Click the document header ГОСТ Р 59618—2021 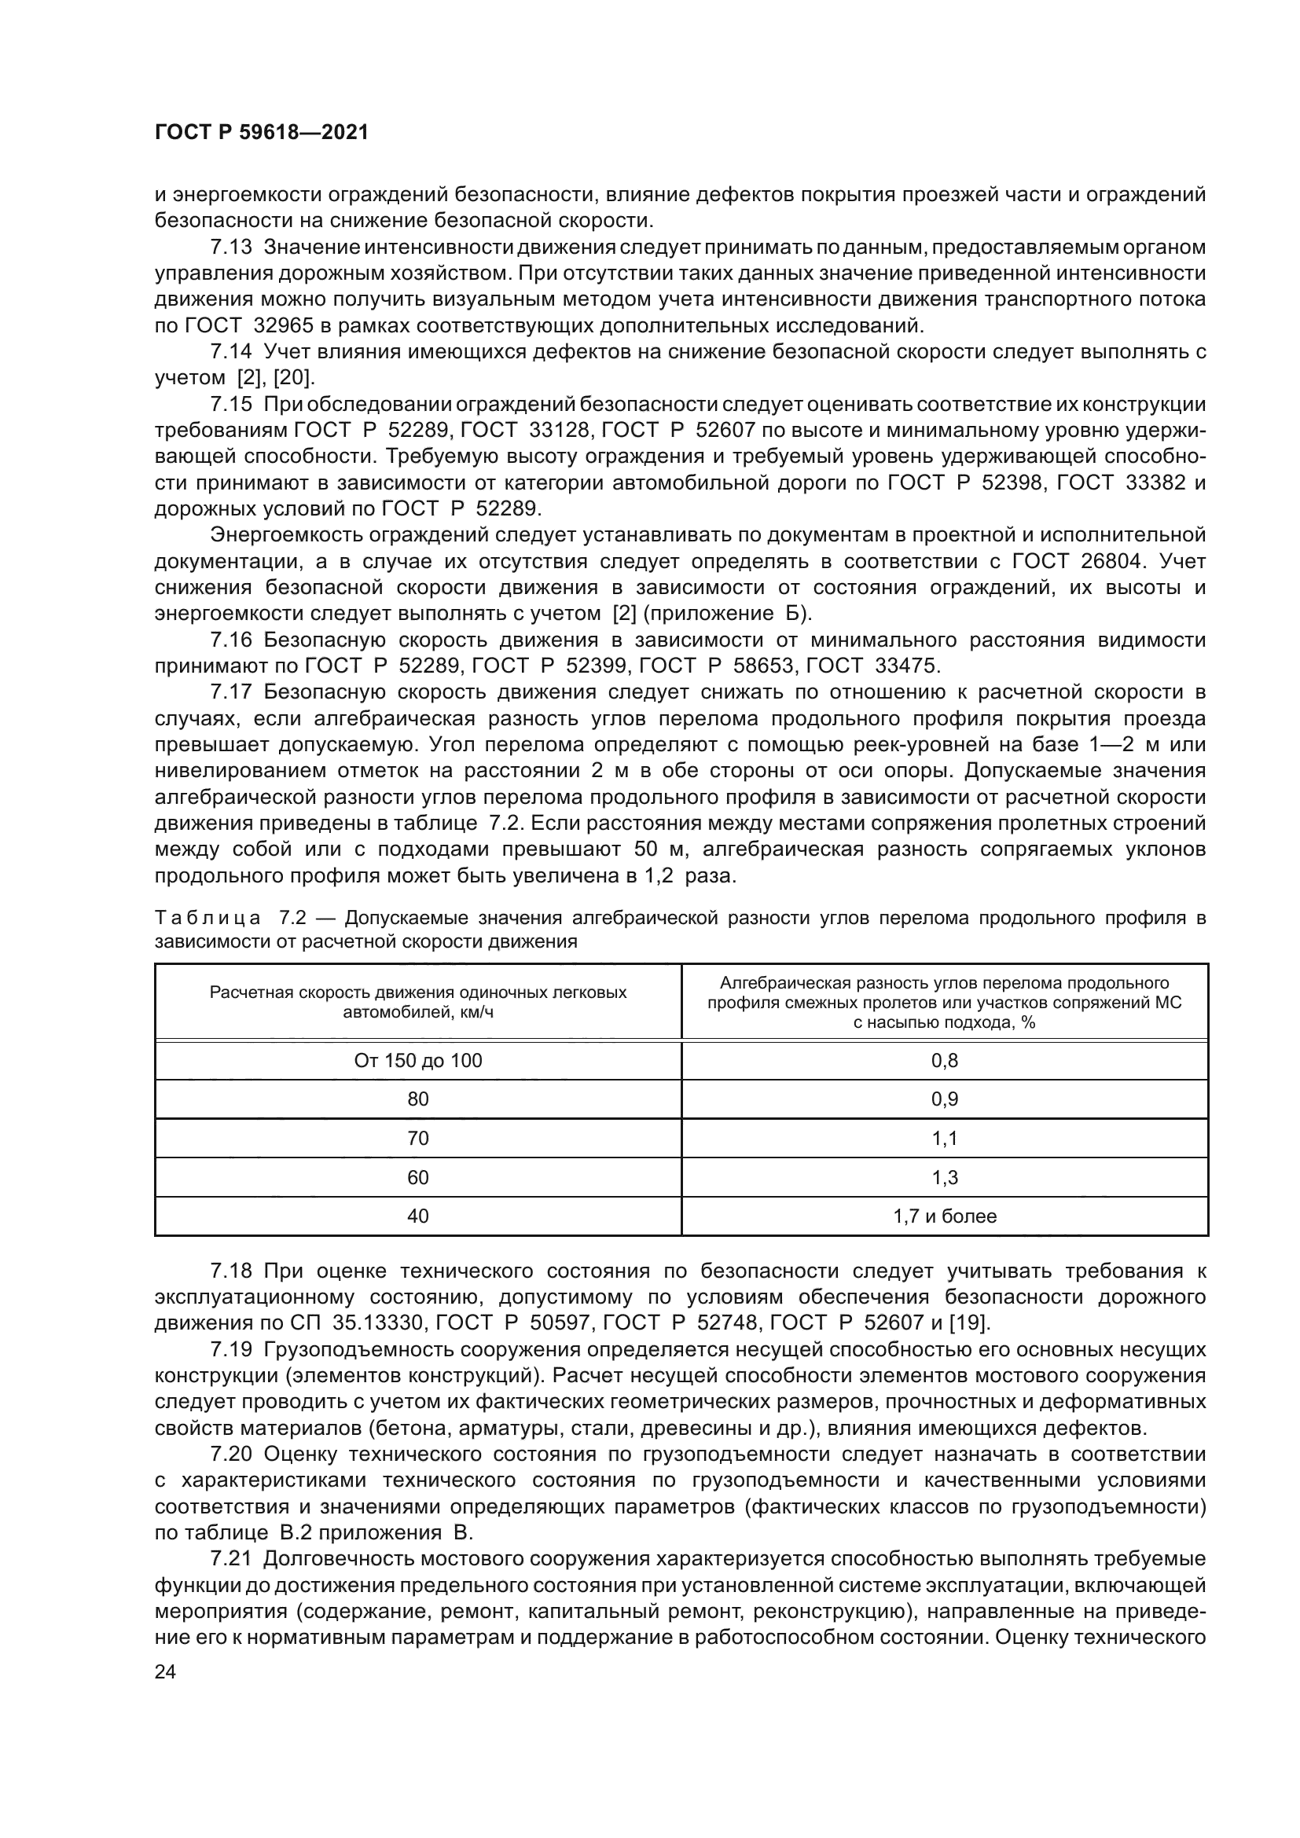point(262,133)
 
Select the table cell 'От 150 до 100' point(418,1061)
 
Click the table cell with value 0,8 point(945,1061)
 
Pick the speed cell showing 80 point(418,1099)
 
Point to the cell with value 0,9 point(945,1099)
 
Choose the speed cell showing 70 point(418,1139)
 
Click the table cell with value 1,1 point(945,1139)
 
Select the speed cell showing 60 point(418,1178)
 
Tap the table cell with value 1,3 point(945,1178)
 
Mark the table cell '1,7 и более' point(945,1216)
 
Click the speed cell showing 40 point(418,1216)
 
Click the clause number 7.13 point(230,248)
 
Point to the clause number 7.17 point(230,692)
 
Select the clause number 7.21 point(230,1558)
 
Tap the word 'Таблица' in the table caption point(207,918)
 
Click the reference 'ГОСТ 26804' point(1078,561)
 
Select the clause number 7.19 point(230,1350)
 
